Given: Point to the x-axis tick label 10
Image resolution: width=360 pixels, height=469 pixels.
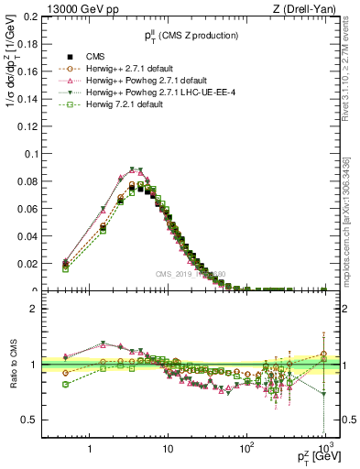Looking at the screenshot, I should pos(168,451).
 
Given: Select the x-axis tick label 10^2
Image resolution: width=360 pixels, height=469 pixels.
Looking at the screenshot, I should pos(245,450).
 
